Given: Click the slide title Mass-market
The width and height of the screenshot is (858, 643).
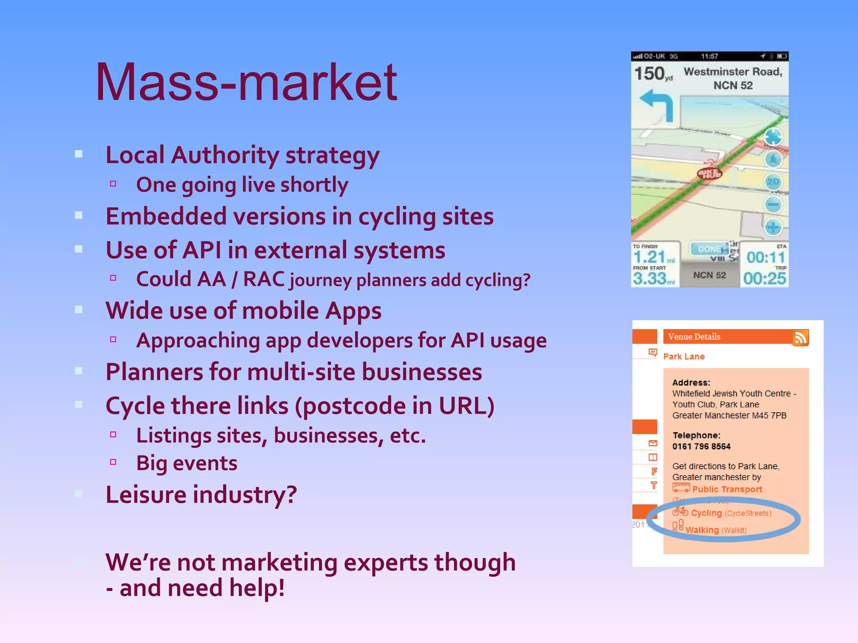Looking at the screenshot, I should [246, 82].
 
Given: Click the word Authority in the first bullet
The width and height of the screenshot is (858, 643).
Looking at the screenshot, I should [225, 155].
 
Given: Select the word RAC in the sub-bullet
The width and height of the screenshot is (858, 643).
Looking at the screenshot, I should [264, 279].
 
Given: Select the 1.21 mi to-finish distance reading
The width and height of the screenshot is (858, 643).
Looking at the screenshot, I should [654, 257].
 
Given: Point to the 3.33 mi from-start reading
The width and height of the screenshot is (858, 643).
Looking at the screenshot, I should [654, 278].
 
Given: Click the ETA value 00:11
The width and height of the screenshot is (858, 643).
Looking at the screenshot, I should [765, 257].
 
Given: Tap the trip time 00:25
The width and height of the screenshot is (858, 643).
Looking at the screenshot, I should [765, 278].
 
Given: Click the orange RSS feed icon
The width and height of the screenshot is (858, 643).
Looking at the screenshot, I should [800, 338].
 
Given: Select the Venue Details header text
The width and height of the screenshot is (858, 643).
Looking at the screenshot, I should [694, 337].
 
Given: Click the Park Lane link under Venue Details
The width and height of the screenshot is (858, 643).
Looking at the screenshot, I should [684, 357].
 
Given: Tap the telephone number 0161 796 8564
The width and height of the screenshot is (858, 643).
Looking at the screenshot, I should [701, 446].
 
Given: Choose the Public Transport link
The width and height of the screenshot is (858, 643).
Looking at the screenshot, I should [727, 489].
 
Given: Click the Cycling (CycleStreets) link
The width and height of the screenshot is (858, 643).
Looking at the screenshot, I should [731, 513].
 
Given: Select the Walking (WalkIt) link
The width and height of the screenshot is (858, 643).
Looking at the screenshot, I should [716, 530].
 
